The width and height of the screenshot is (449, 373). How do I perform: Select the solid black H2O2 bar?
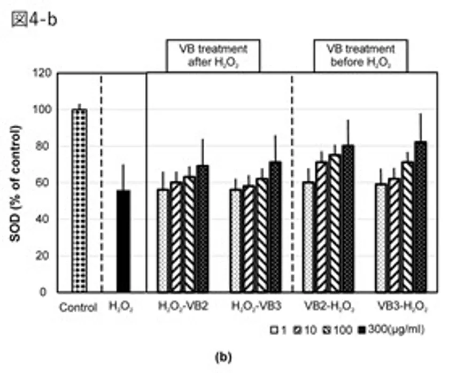123,241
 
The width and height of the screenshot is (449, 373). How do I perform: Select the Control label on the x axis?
79,308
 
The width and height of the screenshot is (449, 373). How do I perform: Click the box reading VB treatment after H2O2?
213,55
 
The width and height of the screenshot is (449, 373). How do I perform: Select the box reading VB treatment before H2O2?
361,55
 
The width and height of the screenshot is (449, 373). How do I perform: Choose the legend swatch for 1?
274,330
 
